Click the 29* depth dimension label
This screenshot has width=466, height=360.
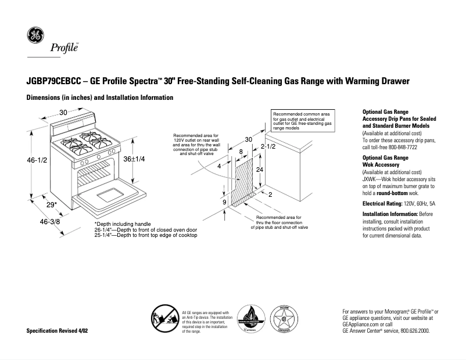pos(52,204)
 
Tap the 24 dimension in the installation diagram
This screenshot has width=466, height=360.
pos(260,170)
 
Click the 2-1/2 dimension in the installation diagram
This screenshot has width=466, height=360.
pos(267,147)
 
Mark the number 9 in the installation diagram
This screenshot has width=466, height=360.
pos(224,201)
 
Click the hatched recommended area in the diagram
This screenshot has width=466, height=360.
pos(243,180)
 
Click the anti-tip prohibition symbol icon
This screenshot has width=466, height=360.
pos(164,319)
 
